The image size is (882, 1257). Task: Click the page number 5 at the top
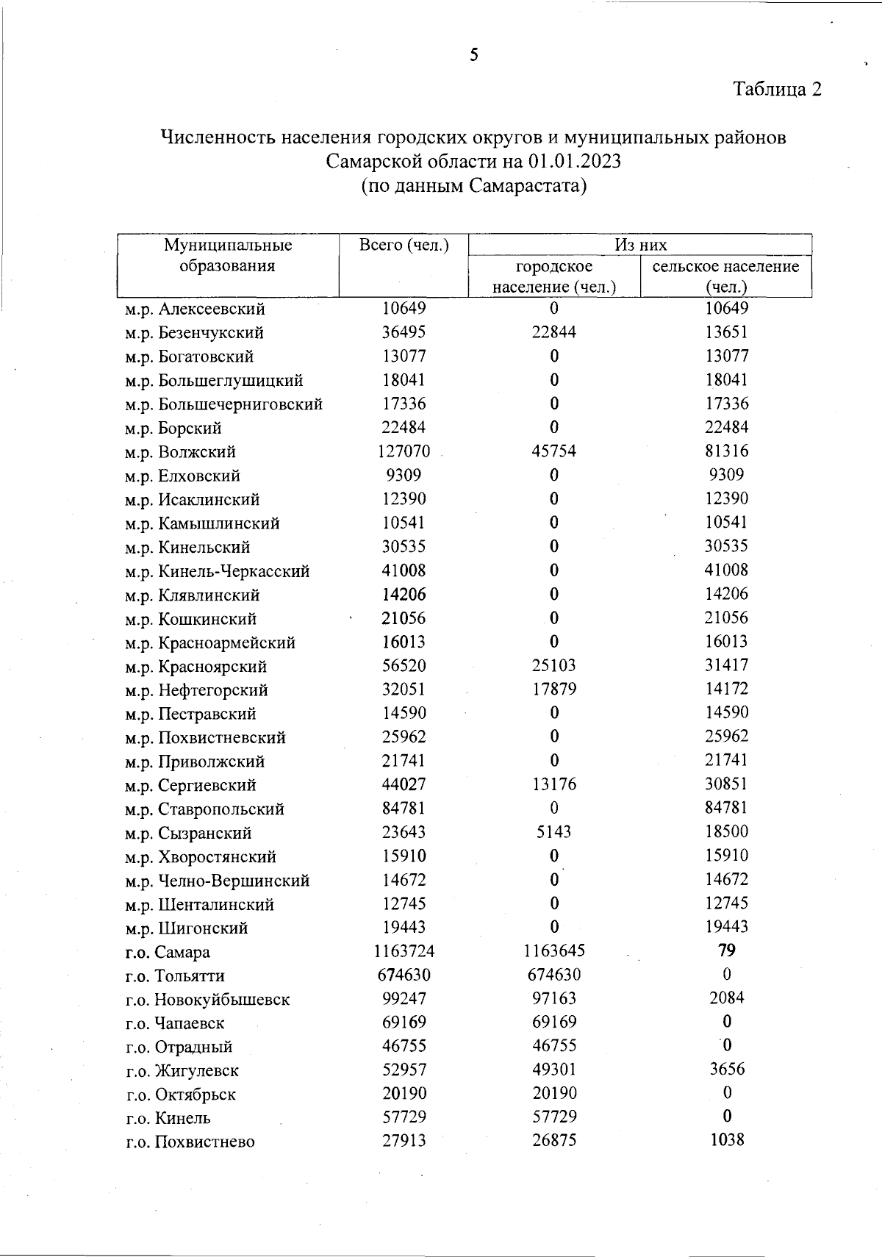[x=474, y=55]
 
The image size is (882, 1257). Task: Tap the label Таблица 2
[x=777, y=90]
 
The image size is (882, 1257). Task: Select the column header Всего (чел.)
[x=404, y=245]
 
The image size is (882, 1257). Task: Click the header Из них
[x=640, y=245]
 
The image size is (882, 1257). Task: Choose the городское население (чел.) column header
[x=554, y=276]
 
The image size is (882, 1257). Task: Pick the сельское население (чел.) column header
[x=725, y=276]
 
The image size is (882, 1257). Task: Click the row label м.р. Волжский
[x=181, y=452]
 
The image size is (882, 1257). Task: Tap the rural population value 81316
[x=726, y=451]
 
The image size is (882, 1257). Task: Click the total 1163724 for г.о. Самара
[x=404, y=951]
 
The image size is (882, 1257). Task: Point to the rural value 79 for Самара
[x=726, y=950]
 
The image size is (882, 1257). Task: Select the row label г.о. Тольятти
[x=176, y=976]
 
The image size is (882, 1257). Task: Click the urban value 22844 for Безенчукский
[x=554, y=332]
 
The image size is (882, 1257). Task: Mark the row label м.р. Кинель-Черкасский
[x=218, y=571]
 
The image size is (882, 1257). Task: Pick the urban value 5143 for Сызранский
[x=554, y=832]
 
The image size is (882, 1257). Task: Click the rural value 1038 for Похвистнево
[x=726, y=1140]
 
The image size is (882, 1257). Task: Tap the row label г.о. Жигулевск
[x=183, y=1071]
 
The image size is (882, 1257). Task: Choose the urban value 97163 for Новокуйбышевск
[x=554, y=999]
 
